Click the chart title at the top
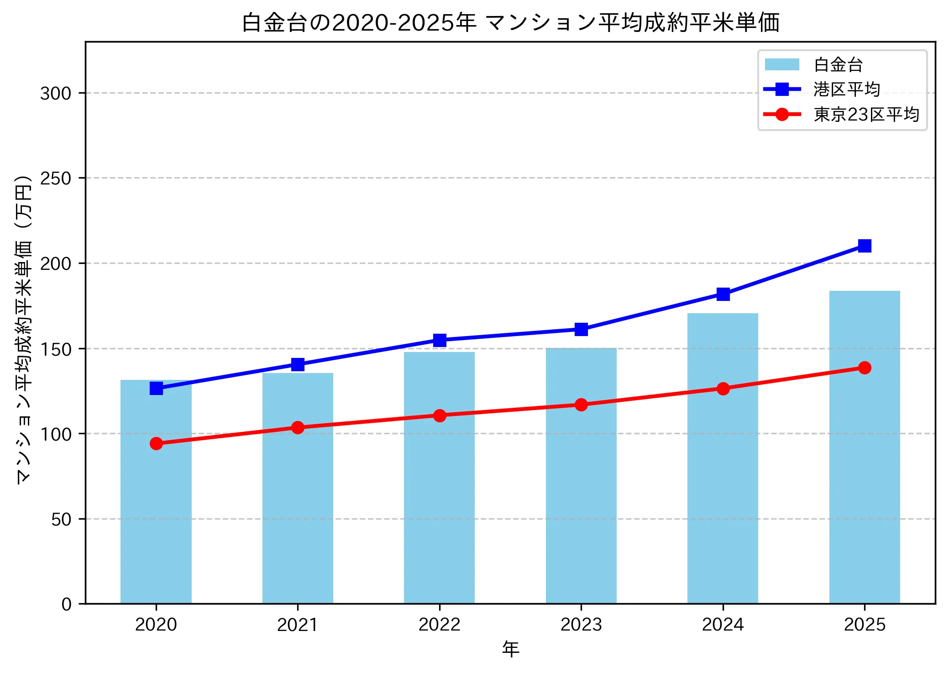510,23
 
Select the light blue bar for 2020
156,502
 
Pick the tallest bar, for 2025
865,457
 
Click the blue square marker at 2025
865,246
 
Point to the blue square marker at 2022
440,340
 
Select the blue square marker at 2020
156,388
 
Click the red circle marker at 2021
298,427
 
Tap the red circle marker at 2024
723,389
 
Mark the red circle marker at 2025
865,368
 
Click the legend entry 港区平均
846,89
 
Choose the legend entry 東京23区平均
866,114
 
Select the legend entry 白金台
838,65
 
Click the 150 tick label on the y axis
56,349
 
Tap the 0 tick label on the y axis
67,605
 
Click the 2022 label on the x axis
440,625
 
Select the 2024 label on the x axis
723,625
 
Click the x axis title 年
510,649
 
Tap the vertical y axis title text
24,329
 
